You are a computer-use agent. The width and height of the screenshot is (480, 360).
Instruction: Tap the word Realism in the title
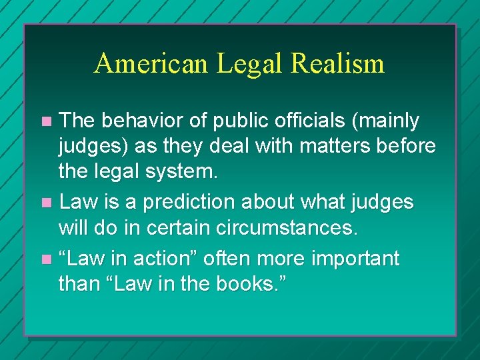(x=337, y=64)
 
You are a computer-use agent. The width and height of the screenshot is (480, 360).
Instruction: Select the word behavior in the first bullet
(x=133, y=121)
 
